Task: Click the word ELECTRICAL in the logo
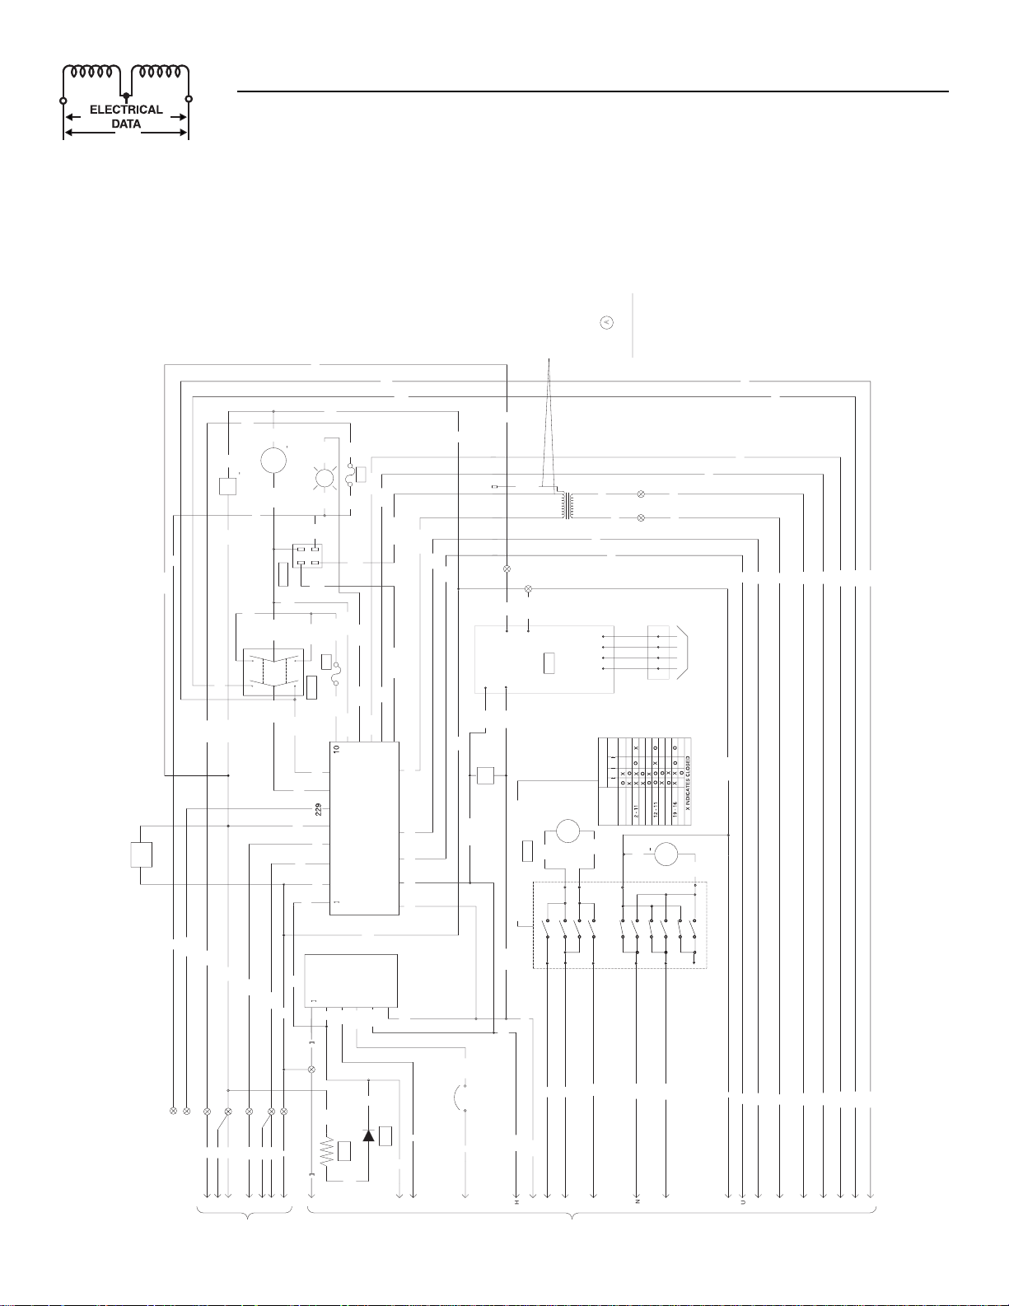coord(126,110)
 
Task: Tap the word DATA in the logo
coord(126,124)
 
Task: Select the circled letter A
coord(606,322)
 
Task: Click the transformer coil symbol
coord(568,506)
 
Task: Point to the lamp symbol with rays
coord(325,477)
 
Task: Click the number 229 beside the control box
coord(318,809)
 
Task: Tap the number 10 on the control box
coord(336,749)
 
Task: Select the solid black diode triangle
coord(368,1135)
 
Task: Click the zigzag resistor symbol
coord(327,1151)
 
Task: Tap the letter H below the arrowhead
coord(517,1202)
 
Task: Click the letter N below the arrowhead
coord(638,1202)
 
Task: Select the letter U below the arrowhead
coord(743,1202)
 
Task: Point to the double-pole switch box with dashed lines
coord(273,672)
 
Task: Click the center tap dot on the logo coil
coord(125,97)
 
